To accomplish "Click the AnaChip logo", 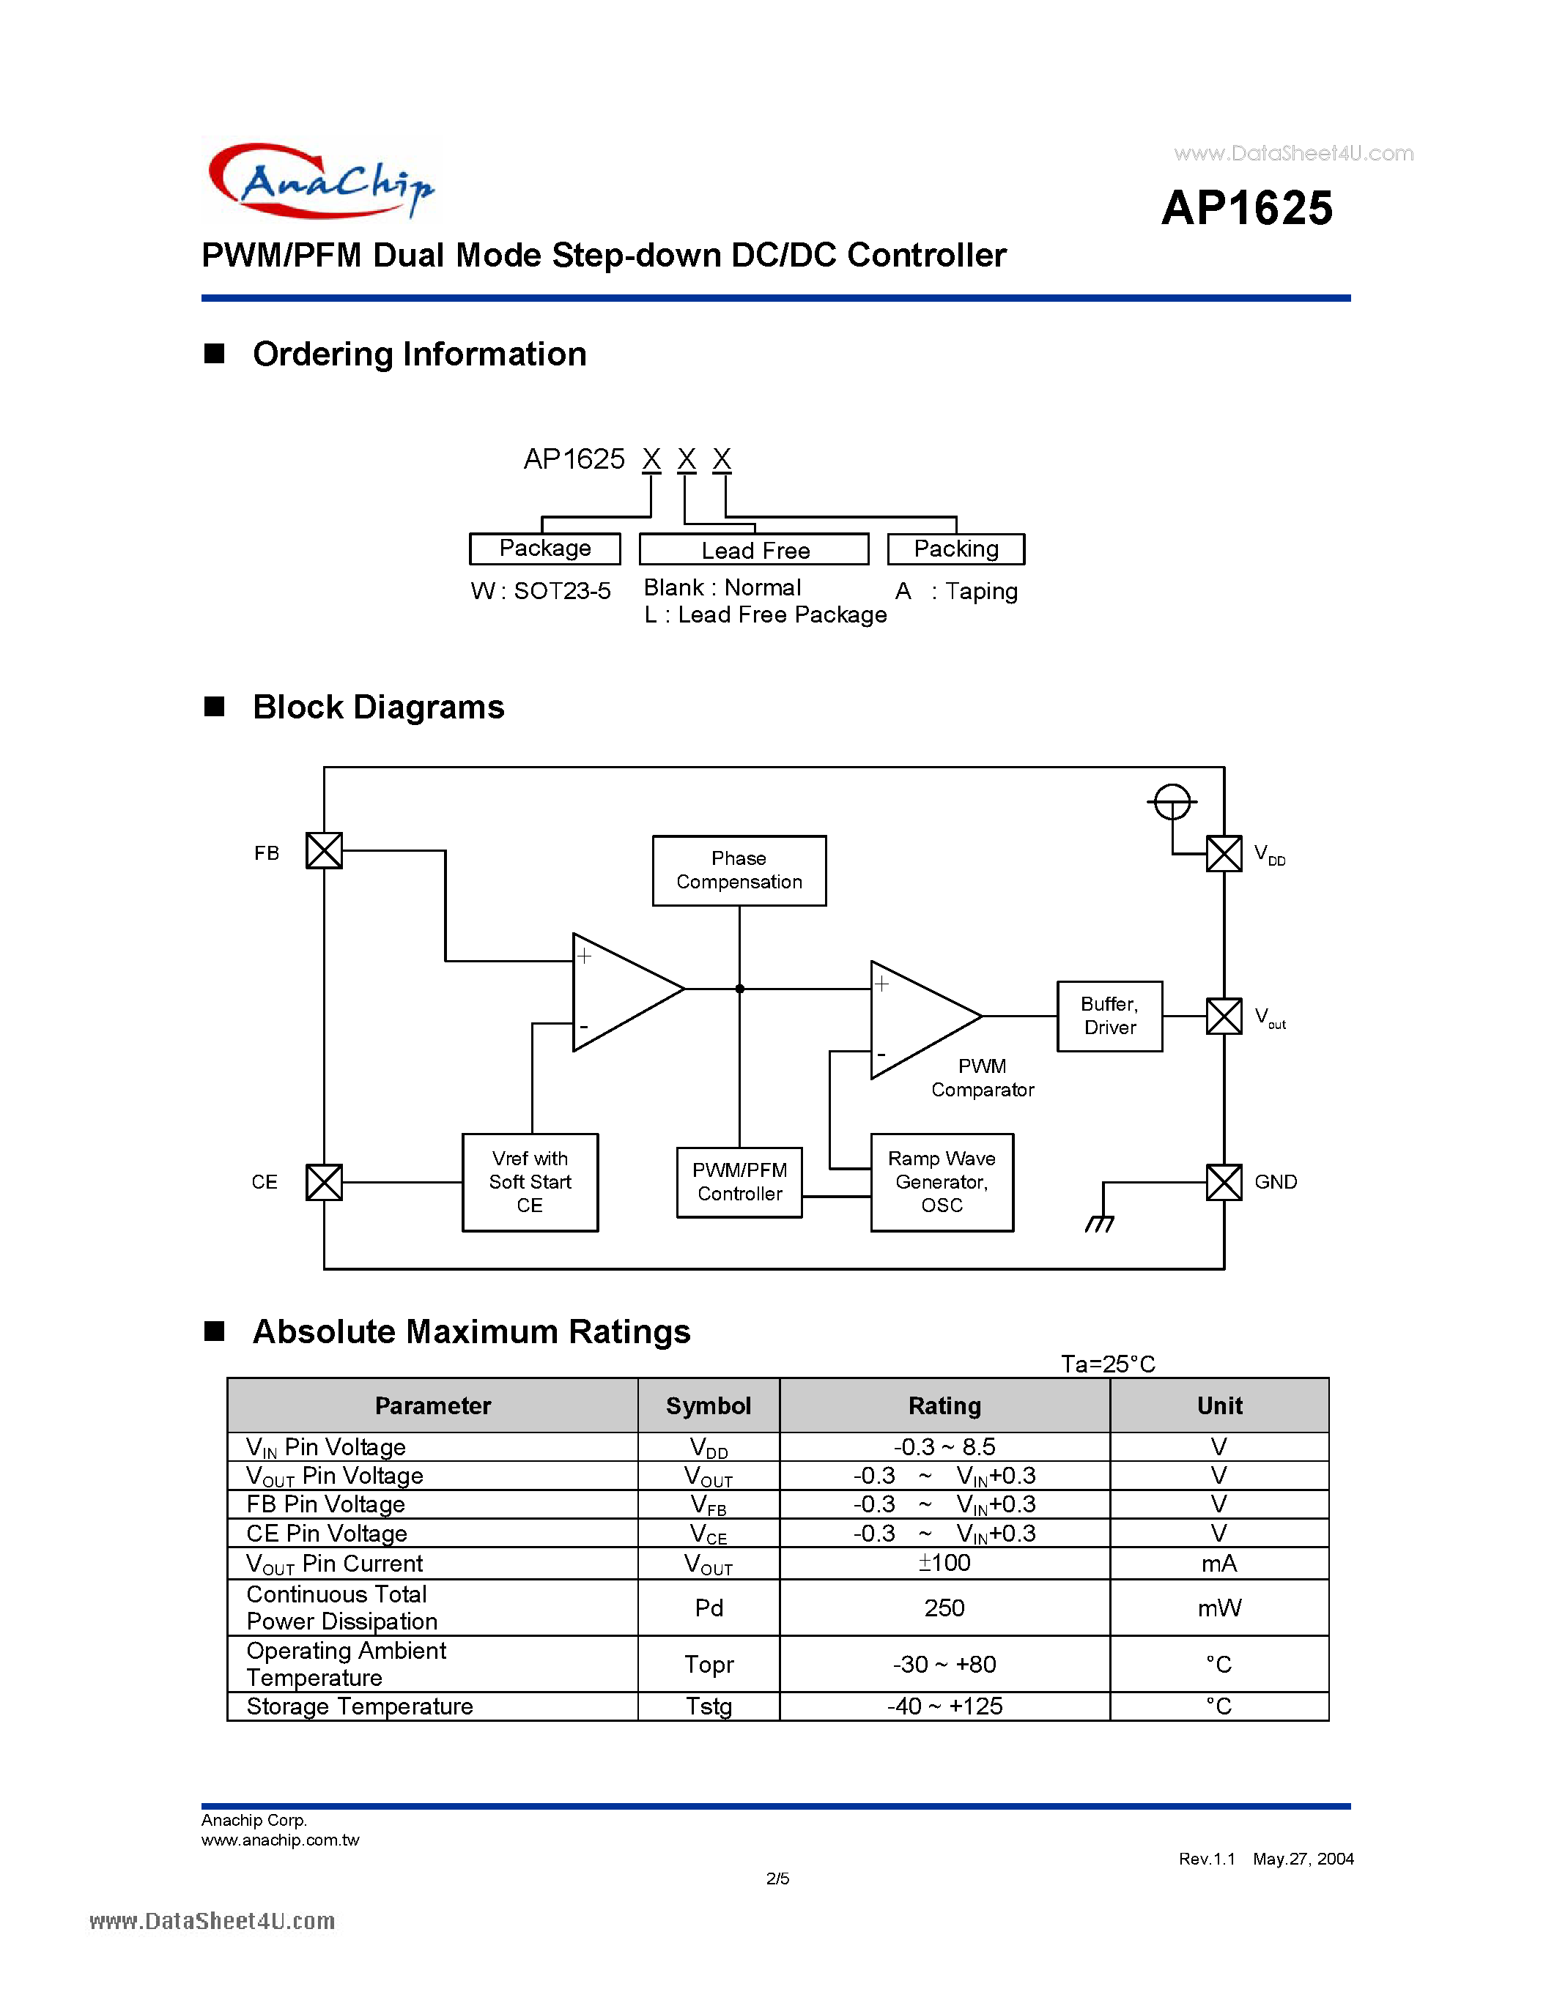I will click(321, 180).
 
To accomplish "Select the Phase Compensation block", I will click(739, 871).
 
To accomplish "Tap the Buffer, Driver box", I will click(1109, 1015).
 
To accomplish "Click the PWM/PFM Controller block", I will click(739, 1181).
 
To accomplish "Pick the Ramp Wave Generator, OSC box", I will click(941, 1181).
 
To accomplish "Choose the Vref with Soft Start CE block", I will click(530, 1181).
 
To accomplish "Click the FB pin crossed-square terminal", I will click(324, 850).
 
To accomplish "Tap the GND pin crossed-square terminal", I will click(1224, 1181).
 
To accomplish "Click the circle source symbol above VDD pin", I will click(1172, 801).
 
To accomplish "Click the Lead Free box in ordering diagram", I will click(754, 549).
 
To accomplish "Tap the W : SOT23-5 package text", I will click(541, 591).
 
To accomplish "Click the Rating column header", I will click(944, 1405).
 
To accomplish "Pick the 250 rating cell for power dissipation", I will click(944, 1608).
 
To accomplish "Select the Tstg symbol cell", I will click(709, 1706).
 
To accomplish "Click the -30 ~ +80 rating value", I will click(944, 1664).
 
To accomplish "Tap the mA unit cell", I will click(1218, 1563).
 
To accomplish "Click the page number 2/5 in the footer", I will click(777, 1879).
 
